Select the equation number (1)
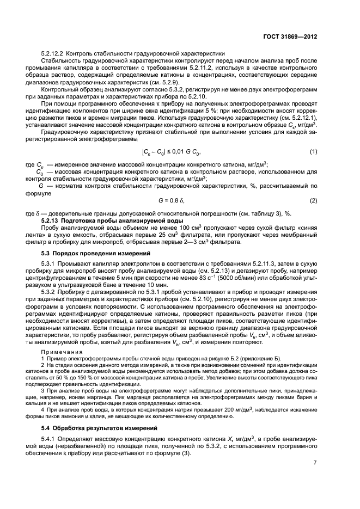point(313,151)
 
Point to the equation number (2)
point(313,201)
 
